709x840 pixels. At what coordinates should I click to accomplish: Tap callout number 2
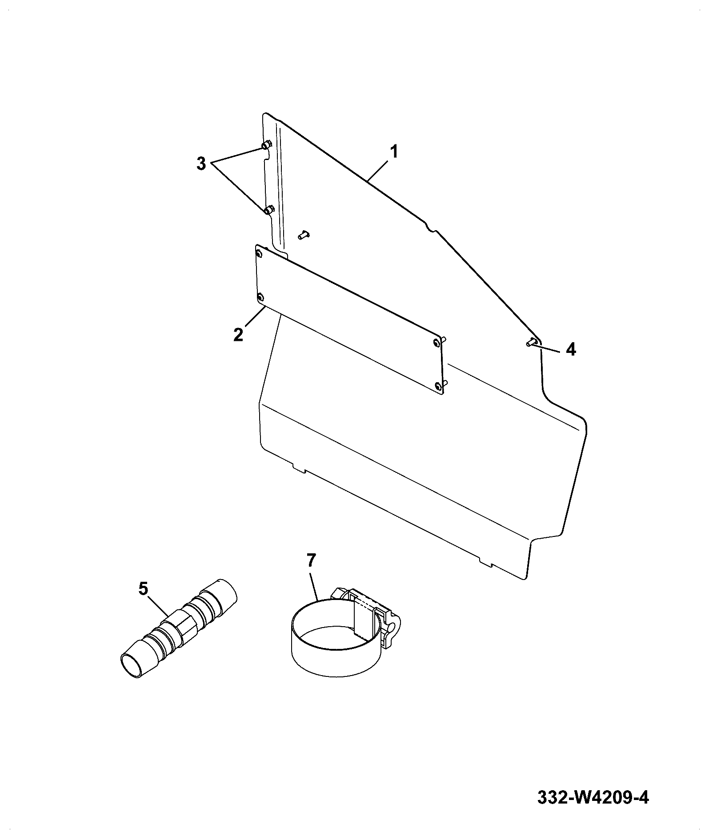[239, 334]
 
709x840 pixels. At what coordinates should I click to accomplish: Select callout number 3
[201, 164]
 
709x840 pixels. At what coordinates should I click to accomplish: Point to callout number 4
[571, 349]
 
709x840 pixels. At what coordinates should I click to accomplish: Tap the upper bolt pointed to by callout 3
[267, 145]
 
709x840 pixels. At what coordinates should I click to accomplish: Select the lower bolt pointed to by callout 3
[268, 210]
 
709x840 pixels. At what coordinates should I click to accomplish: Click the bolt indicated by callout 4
[532, 342]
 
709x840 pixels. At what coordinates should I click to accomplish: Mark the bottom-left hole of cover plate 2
[261, 297]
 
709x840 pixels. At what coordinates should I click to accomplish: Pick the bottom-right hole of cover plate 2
[439, 387]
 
